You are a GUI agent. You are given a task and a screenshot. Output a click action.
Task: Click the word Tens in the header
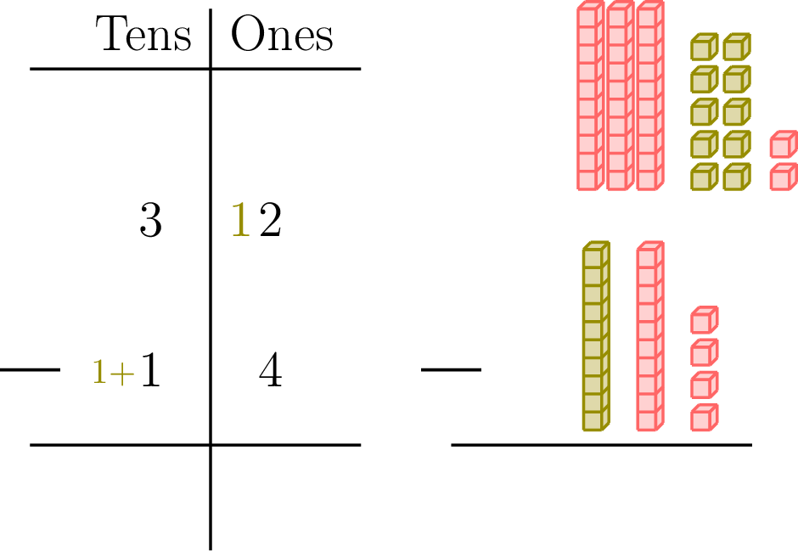click(x=144, y=36)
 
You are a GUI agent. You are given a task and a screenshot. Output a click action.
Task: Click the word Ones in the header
click(x=281, y=36)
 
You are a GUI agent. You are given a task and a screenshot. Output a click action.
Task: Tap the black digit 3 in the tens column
click(x=149, y=222)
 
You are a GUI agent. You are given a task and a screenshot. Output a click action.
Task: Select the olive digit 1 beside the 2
click(x=241, y=222)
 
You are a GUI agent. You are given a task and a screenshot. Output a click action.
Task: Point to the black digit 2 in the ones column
click(x=270, y=222)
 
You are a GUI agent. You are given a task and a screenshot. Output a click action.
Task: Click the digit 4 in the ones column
click(x=270, y=372)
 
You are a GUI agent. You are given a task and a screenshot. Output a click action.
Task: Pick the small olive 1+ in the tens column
click(x=114, y=372)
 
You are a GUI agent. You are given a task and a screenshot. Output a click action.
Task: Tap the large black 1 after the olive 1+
click(x=150, y=372)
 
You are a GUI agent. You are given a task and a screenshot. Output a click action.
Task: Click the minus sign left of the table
click(x=30, y=369)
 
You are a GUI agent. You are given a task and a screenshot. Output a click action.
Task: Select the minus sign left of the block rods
click(x=451, y=369)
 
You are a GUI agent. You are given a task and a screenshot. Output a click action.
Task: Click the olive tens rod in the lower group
click(x=596, y=336)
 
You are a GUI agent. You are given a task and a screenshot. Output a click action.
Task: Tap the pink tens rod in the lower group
click(x=649, y=336)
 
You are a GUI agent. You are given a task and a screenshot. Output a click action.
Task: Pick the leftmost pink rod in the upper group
click(x=590, y=97)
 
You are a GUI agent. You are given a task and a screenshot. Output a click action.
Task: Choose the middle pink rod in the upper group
click(x=620, y=97)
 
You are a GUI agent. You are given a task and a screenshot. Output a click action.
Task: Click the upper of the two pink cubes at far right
click(x=783, y=144)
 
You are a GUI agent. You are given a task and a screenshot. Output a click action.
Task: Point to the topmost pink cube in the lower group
click(x=704, y=320)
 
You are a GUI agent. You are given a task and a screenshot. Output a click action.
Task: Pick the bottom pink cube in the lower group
click(x=704, y=417)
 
